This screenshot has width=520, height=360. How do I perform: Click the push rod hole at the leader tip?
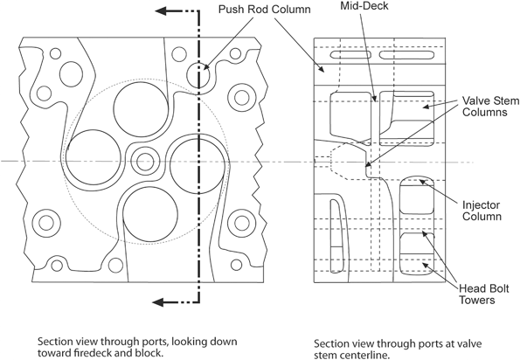pyautogui.click(x=198, y=69)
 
